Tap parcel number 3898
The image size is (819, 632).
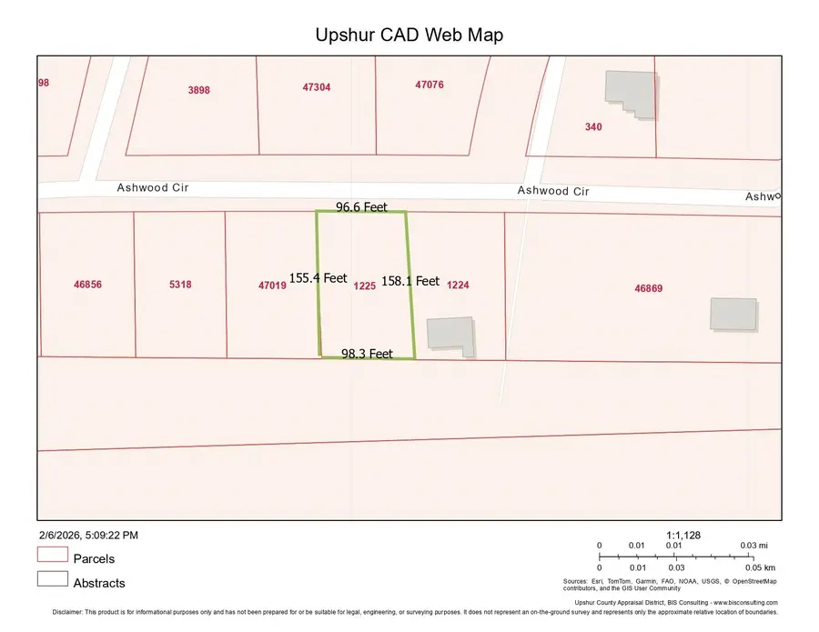[198, 89]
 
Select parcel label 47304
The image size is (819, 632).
[317, 87]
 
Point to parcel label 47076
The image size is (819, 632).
[430, 85]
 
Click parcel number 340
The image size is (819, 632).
[593, 127]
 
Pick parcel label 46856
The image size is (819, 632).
[87, 285]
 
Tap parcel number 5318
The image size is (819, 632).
[180, 285]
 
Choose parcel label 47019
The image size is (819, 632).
[272, 286]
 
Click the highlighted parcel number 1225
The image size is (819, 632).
[364, 286]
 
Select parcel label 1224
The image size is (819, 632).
[458, 285]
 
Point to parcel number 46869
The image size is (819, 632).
[649, 288]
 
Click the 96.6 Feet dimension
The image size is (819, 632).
[361, 207]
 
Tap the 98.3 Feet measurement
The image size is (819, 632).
[367, 354]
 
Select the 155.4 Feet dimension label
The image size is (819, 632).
[318, 278]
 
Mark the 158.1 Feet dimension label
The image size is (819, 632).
[410, 281]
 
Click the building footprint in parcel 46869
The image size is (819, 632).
[733, 314]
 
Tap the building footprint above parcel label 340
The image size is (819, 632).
[631, 94]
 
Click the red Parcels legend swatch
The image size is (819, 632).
[53, 555]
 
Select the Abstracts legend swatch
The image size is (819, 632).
[53, 578]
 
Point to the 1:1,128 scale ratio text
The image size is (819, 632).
[685, 536]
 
